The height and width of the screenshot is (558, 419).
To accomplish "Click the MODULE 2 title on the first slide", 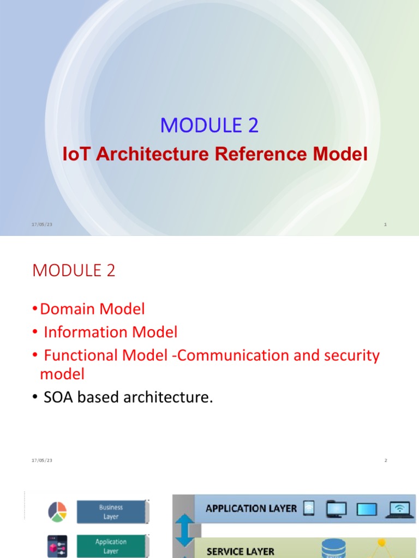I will click(209, 125).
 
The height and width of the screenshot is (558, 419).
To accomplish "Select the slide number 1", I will click(385, 225).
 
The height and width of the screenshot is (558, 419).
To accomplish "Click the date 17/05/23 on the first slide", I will click(41, 225).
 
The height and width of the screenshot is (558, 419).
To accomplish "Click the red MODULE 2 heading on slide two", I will click(74, 271).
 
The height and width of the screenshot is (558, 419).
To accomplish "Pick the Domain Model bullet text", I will click(92, 310).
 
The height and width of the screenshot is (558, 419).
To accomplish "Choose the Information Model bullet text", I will click(110, 332).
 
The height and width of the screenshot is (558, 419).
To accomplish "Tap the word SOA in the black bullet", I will click(59, 398).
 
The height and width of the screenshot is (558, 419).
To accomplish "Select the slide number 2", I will click(385, 460).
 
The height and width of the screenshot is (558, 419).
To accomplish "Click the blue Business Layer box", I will click(111, 512).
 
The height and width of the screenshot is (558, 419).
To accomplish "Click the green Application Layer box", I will click(111, 546).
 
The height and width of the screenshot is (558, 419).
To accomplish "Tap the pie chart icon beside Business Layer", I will click(57, 511).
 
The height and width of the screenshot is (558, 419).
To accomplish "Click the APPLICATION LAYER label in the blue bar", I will click(251, 508).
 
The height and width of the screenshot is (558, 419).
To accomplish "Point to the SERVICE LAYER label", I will click(240, 551).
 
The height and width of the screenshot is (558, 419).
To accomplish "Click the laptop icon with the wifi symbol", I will click(400, 508).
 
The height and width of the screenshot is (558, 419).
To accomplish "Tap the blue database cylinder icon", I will click(333, 548).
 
